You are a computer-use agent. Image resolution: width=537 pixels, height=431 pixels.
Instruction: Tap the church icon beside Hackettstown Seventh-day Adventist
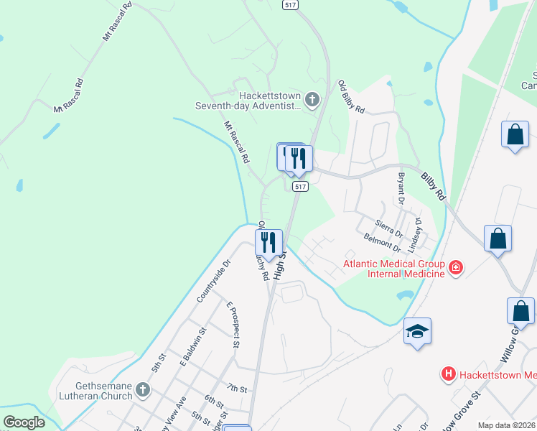tap(312, 100)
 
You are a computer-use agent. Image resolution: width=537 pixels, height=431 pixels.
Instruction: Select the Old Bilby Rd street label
tap(352, 98)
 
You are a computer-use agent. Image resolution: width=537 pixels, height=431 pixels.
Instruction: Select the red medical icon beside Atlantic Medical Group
tap(455, 269)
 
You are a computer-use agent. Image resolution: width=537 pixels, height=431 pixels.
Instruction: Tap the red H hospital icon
tap(449, 374)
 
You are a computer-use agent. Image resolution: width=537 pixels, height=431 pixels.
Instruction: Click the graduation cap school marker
tap(417, 331)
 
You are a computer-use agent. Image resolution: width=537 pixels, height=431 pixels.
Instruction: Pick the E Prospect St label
tap(232, 325)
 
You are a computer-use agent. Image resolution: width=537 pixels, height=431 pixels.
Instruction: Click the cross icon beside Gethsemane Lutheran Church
tap(143, 390)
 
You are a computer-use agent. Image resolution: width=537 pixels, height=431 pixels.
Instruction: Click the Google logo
tap(24, 422)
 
